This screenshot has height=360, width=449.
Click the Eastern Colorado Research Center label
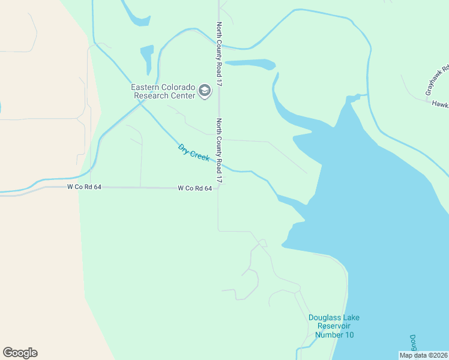[163, 91]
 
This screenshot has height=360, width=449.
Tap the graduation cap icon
[205, 91]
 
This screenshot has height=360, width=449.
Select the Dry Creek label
[193, 152]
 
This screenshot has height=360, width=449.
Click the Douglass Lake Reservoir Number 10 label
[334, 326]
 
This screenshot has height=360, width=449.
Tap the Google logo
[20, 353]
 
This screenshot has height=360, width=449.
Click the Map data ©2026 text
[423, 355]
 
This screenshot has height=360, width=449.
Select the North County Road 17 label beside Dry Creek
[219, 151]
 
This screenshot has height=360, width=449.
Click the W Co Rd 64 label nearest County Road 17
[194, 188]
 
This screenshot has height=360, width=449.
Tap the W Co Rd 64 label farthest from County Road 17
[84, 188]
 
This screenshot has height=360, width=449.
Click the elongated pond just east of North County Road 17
[250, 64]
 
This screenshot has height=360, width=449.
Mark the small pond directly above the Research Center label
[146, 58]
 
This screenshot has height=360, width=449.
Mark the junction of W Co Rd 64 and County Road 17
[218, 188]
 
